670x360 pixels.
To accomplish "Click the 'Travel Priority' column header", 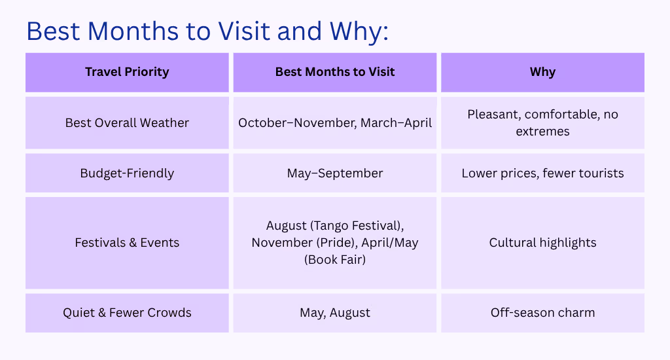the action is click(127, 72).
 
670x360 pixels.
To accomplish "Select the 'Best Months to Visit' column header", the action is click(335, 72).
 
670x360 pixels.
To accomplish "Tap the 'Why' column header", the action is click(542, 72).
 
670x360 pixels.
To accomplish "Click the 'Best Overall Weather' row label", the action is click(127, 122).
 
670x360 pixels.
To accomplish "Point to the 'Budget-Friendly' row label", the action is click(127, 173).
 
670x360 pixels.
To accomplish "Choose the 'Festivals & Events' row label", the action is click(127, 242).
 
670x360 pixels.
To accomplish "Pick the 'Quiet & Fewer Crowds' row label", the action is click(127, 312).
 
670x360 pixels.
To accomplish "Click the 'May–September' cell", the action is click(335, 173).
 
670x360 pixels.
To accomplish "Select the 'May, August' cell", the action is click(335, 312).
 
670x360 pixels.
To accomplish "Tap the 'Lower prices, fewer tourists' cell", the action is click(542, 173).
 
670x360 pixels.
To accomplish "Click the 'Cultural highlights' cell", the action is click(542, 242).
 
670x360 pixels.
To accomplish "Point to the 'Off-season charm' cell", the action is click(542, 312).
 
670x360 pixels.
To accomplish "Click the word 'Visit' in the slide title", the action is click(244, 31).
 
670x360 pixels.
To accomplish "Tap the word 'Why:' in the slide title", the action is click(359, 31).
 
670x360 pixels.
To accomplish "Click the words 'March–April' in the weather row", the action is click(396, 122).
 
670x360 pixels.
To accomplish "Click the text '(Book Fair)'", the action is click(335, 259).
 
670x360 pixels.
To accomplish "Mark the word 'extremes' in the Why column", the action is click(542, 132).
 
